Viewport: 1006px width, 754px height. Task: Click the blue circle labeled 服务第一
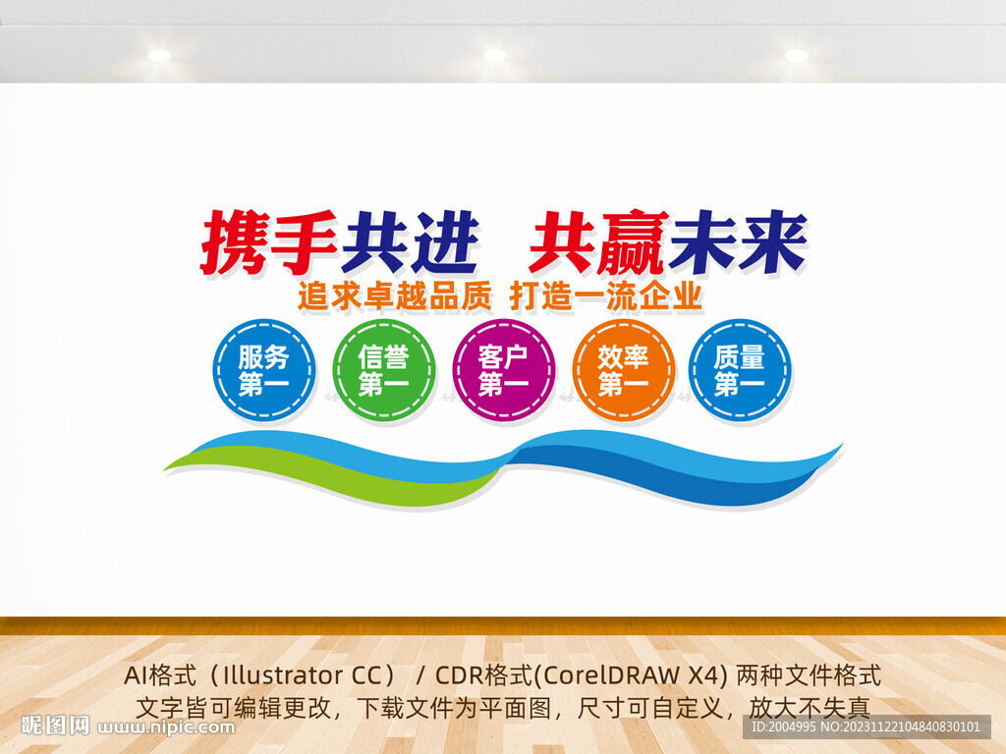(x=263, y=370)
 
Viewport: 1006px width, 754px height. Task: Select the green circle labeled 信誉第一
(x=383, y=370)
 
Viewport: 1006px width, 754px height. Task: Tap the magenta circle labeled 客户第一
(x=503, y=370)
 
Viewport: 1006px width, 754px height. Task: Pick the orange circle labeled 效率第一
(x=623, y=370)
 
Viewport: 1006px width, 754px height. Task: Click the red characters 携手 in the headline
(x=268, y=242)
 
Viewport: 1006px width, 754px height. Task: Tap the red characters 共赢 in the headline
(x=597, y=242)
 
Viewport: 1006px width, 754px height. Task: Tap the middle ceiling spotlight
(x=494, y=55)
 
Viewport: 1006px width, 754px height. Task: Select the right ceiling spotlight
(x=796, y=55)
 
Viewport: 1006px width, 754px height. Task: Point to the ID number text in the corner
(x=865, y=727)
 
